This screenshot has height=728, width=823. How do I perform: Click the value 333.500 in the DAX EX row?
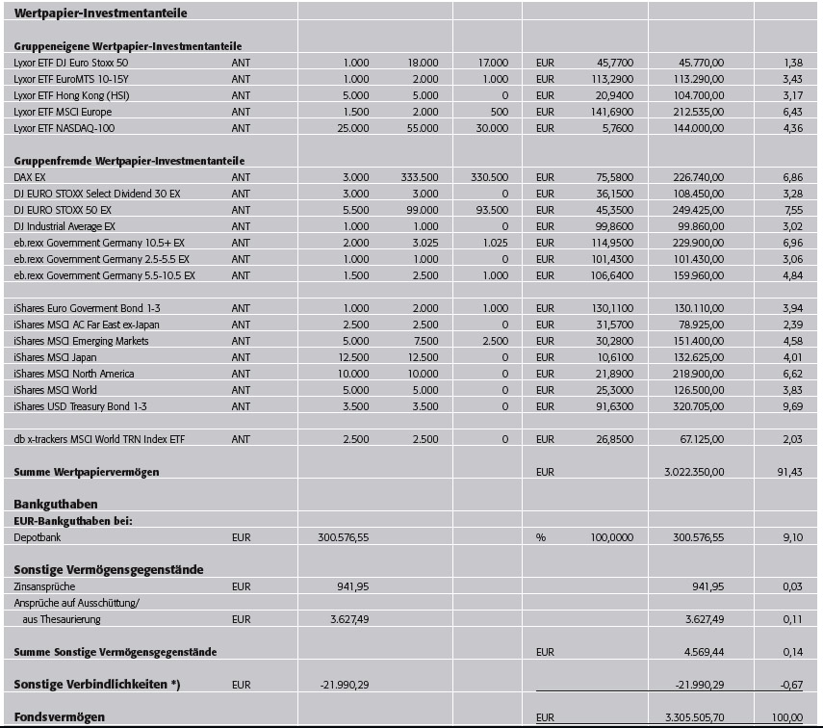click(x=420, y=177)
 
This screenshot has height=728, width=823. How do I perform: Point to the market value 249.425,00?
click(x=697, y=210)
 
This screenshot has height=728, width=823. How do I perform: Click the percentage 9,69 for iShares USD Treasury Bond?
click(x=791, y=406)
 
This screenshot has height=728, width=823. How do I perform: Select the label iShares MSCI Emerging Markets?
click(x=81, y=341)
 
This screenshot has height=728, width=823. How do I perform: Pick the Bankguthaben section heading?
click(x=55, y=504)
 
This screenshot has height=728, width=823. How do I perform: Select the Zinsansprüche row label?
click(x=44, y=586)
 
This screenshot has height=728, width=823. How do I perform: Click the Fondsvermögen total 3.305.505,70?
click(x=693, y=717)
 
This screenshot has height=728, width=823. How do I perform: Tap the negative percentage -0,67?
click(x=790, y=685)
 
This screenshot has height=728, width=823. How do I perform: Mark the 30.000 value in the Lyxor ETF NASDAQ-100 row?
click(x=492, y=128)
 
